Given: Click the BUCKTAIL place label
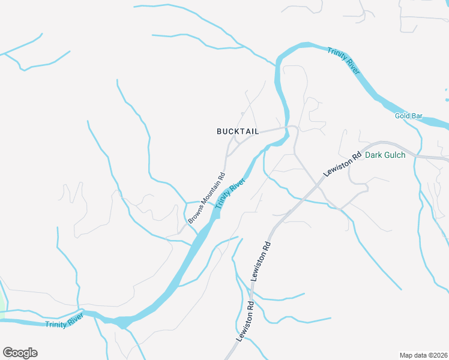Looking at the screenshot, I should click(238, 131).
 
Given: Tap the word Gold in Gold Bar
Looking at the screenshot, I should click(402, 116).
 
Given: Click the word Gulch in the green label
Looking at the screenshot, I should click(394, 155).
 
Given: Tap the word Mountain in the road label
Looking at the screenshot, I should click(209, 193).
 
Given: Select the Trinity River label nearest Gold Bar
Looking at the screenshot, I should click(344, 60).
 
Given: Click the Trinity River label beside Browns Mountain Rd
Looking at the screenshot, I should click(231, 193).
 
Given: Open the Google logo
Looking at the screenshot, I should click(20, 352).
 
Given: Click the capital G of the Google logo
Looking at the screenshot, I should click(8, 352).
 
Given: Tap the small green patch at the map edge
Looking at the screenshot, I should click(2, 306).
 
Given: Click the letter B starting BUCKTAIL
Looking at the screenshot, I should click(219, 131).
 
